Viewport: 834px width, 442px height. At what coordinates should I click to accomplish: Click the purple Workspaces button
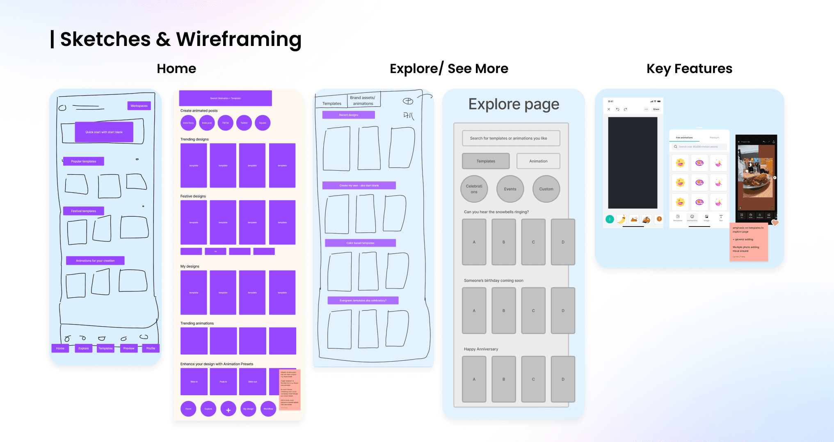point(139,106)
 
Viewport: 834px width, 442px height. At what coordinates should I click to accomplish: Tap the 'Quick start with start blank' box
point(104,132)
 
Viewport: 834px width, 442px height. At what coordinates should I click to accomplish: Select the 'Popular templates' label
point(83,161)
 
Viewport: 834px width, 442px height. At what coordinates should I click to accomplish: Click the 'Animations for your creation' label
point(95,261)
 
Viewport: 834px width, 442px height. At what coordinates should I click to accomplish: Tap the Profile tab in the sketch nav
point(151,348)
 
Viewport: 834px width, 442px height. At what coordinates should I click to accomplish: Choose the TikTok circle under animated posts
point(225,123)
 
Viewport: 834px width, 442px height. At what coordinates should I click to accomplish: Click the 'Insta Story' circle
point(188,123)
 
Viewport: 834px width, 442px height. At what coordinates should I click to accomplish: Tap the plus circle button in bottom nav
point(228,409)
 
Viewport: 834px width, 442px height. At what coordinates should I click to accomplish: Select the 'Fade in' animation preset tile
point(223,382)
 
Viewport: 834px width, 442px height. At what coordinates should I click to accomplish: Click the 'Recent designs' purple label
point(348,115)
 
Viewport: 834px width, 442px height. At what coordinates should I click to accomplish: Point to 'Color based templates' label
point(360,243)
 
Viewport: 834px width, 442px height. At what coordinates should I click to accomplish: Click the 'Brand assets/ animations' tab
point(363,101)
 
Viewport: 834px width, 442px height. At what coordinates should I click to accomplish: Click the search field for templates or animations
point(511,138)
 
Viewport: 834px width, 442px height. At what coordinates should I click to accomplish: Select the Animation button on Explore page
point(538,161)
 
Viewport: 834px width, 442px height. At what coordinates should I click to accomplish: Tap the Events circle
point(510,189)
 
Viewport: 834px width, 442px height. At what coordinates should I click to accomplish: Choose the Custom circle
point(546,189)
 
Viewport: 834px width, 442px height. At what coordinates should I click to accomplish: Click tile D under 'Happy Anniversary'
point(563,379)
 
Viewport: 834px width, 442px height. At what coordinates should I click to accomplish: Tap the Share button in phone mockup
point(656,109)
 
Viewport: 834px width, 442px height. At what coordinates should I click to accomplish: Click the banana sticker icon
point(622,220)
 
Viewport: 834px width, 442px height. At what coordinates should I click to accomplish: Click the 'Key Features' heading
point(689,69)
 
